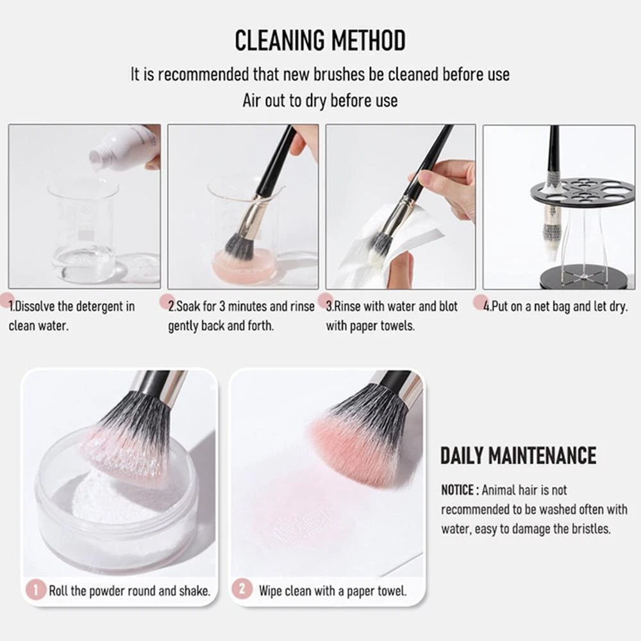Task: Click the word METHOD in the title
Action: coord(368,40)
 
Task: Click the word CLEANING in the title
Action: coord(279,40)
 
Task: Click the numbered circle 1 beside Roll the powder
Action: coord(36,590)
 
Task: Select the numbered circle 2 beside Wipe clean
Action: coord(242,590)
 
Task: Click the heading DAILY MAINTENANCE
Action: coord(518,455)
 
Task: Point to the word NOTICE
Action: coord(457,490)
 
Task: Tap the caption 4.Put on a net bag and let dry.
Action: coord(555,306)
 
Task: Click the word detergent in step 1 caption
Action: coord(100,306)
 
